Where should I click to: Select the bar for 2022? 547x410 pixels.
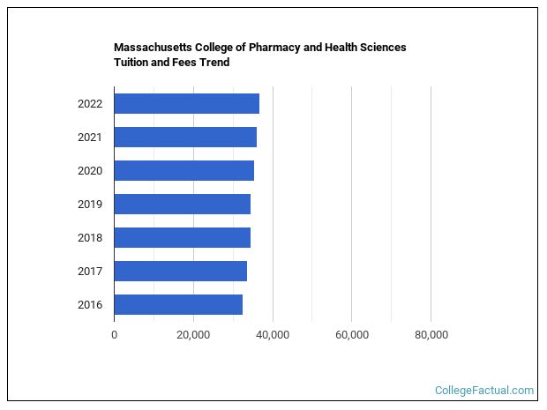(x=186, y=103)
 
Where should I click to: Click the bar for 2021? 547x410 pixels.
(x=185, y=137)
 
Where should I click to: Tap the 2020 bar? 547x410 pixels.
(x=184, y=170)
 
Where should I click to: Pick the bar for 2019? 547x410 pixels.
(x=182, y=204)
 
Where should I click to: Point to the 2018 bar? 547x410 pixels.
(x=182, y=237)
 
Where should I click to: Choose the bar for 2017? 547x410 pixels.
(x=180, y=271)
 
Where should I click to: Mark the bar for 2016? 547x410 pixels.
(x=178, y=304)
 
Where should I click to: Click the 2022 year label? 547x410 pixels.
(x=90, y=104)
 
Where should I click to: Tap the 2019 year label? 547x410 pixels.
(x=90, y=205)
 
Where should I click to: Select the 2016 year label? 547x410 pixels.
(x=90, y=305)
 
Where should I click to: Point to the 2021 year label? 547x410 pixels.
(x=90, y=138)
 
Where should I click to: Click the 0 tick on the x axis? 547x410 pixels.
(x=114, y=335)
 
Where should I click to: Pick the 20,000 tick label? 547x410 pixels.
(x=193, y=335)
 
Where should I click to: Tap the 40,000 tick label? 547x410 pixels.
(x=273, y=335)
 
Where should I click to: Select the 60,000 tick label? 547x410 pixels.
(x=352, y=335)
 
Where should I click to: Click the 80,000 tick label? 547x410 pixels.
(x=431, y=335)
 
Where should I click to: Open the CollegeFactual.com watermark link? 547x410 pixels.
(x=484, y=390)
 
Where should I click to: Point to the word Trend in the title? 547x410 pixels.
(x=214, y=63)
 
